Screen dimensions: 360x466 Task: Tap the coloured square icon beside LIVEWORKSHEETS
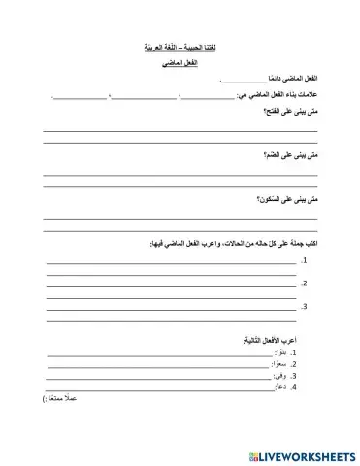pos(253,453)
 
